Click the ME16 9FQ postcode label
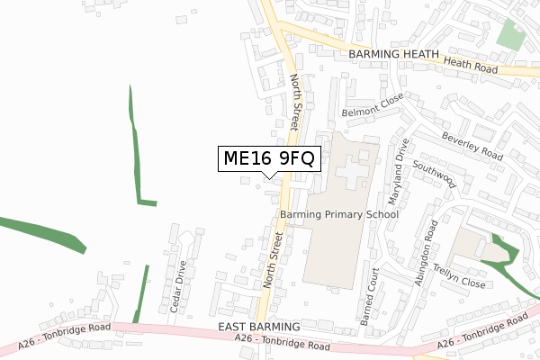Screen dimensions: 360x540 (x=268, y=159)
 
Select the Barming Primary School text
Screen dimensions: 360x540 (x=338, y=215)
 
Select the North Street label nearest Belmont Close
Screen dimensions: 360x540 (x=299, y=100)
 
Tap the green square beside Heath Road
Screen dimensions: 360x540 (x=510, y=36)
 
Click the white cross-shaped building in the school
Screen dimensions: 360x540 (x=353, y=167)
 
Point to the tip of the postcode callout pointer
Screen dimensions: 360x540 (x=268, y=177)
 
